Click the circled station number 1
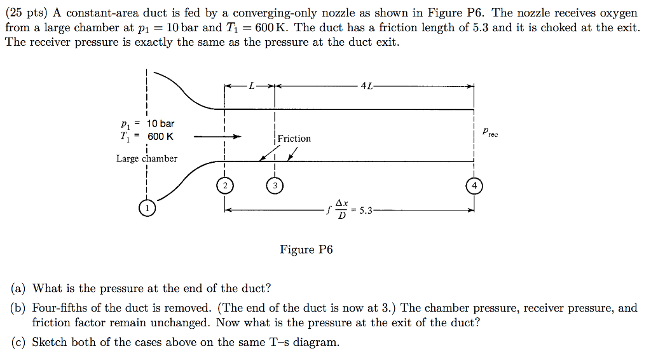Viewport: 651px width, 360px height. click(x=147, y=208)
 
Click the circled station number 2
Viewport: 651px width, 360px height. click(x=224, y=186)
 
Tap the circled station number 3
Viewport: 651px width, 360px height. click(x=274, y=186)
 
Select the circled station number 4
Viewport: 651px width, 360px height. click(x=474, y=186)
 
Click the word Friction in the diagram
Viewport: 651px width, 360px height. click(x=294, y=139)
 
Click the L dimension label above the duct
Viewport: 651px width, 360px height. click(x=252, y=87)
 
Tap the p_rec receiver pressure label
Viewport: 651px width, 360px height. click(x=490, y=133)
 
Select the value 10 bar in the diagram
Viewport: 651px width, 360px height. click(x=160, y=123)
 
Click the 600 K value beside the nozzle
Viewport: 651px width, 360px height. click(x=160, y=137)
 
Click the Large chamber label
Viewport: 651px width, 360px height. click(x=147, y=158)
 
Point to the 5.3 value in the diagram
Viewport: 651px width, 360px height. click(x=367, y=211)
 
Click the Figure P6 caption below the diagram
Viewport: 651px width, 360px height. click(x=306, y=249)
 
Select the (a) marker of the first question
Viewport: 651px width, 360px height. click(x=19, y=289)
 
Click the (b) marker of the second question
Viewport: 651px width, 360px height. click(x=19, y=308)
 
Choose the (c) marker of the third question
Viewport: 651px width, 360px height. click(x=19, y=342)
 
